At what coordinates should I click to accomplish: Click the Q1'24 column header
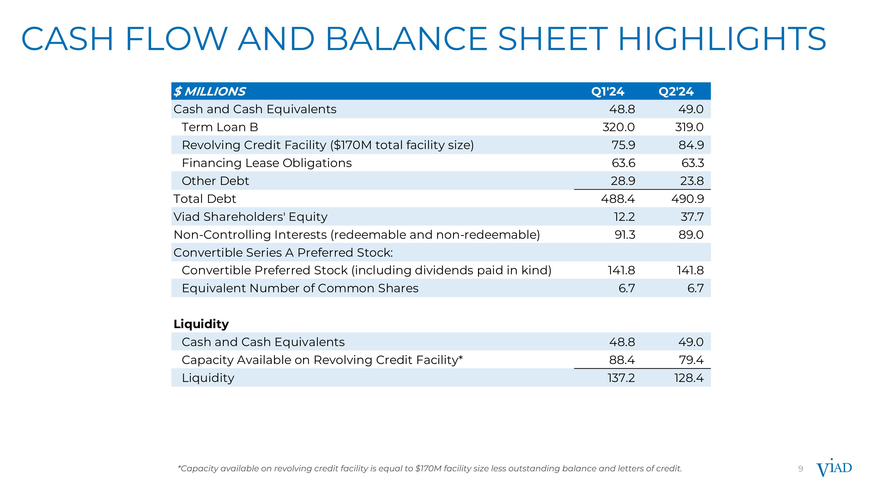(x=608, y=91)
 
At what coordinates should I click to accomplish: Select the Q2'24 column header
(x=676, y=91)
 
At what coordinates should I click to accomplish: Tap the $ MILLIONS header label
(x=210, y=91)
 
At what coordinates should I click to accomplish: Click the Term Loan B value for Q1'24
(x=618, y=127)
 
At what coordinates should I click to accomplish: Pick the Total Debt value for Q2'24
(x=688, y=198)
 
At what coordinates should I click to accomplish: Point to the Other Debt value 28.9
(x=623, y=181)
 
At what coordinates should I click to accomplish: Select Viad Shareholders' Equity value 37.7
(x=692, y=217)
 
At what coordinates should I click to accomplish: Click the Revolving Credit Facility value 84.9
(x=691, y=145)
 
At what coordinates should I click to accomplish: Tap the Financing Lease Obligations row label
(x=267, y=163)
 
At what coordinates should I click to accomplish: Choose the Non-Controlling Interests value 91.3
(x=625, y=235)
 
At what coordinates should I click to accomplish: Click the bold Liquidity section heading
(x=201, y=324)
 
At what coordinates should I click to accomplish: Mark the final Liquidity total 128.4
(x=689, y=378)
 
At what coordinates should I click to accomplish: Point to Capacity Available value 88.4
(x=622, y=360)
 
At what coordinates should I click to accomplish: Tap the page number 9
(x=801, y=469)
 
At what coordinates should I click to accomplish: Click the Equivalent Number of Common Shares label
(x=300, y=288)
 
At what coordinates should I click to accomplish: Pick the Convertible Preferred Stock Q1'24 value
(x=621, y=270)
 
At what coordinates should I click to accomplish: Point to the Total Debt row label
(x=205, y=198)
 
